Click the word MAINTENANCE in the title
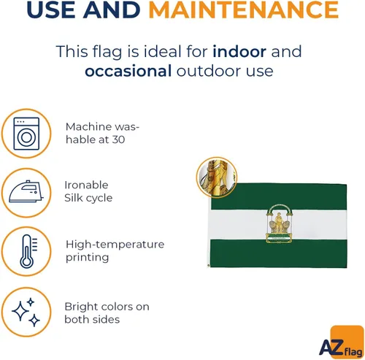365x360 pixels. pyautogui.click(x=244, y=9)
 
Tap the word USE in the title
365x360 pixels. pyautogui.click(x=51, y=9)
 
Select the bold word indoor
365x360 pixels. pyautogui.click(x=239, y=51)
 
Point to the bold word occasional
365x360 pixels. pyautogui.click(x=128, y=71)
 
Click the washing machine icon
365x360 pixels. pyautogui.click(x=26, y=134)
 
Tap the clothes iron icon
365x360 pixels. pyautogui.click(x=26, y=191)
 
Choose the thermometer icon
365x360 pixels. pyautogui.click(x=28, y=251)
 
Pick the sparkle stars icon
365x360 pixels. pyautogui.click(x=26, y=312)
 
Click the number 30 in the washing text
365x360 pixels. pyautogui.click(x=118, y=139)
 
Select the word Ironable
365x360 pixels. pyautogui.click(x=86, y=185)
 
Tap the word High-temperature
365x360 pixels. pyautogui.click(x=115, y=245)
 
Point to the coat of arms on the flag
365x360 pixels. pyautogui.click(x=279, y=223)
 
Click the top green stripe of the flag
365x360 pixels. pyautogui.click(x=279, y=196)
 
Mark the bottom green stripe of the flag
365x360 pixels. pyautogui.click(x=278, y=253)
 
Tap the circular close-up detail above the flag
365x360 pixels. pyautogui.click(x=217, y=177)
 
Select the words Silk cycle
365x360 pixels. pyautogui.click(x=88, y=198)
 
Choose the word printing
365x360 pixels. pyautogui.click(x=87, y=258)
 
